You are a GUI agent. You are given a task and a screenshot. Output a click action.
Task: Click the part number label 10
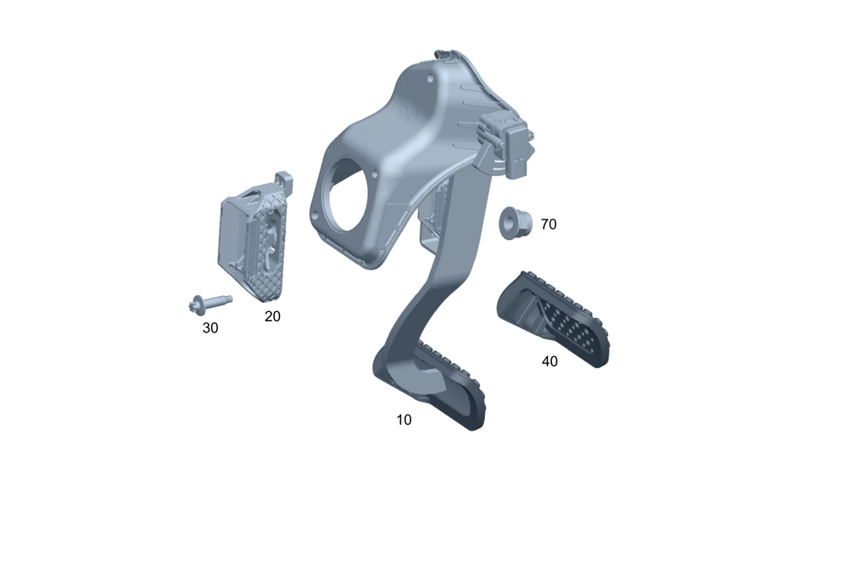[404, 420]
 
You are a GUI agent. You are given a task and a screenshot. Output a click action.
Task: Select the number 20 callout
[272, 316]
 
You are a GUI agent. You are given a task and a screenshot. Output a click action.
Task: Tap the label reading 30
[209, 328]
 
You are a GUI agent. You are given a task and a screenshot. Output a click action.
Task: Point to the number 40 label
[550, 361]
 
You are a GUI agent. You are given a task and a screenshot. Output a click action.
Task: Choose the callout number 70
[549, 224]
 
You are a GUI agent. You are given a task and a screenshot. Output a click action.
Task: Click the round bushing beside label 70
[515, 222]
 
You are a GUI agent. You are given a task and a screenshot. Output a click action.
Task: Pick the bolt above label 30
[209, 303]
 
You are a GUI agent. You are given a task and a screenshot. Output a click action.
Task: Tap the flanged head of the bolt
[196, 305]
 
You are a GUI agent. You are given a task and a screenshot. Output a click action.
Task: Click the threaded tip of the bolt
[228, 298]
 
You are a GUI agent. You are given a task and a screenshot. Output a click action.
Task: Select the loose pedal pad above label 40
[553, 319]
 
